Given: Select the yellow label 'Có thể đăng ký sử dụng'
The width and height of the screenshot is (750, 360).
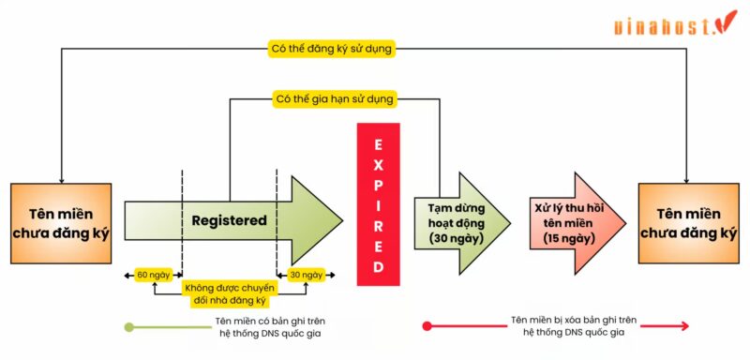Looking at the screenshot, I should pos(332,49).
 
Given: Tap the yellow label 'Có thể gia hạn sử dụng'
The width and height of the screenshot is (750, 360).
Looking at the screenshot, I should pos(334,98).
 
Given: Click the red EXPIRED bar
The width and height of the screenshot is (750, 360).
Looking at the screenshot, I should pos(378,204).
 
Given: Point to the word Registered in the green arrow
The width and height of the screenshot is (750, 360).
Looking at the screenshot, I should pos(230,220).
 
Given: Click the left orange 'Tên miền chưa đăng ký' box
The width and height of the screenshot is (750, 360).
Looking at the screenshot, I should pos(61,223).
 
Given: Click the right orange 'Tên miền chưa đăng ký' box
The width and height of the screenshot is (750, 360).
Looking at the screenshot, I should pos(687,223).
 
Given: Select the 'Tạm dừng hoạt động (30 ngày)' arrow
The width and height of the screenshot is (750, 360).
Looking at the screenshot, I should pos(457,223).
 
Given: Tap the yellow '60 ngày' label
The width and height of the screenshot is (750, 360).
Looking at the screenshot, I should pos(153,275).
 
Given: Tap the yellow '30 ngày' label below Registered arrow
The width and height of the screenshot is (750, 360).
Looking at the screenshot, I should pos(306,275).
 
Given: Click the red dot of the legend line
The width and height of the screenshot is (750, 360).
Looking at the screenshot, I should pos(427,326).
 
